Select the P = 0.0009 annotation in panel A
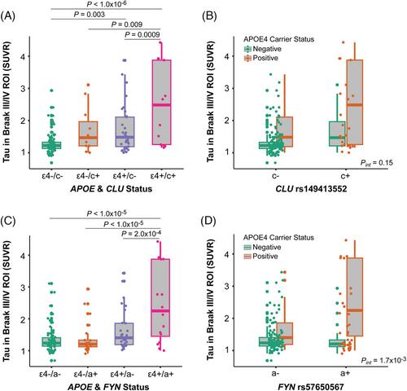[142, 34]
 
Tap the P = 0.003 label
[90, 14]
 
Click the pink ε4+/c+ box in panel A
[161, 102]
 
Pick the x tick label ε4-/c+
[88, 176]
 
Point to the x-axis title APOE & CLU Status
[112, 189]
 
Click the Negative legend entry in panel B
[263, 49]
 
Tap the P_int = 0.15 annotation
[376, 163]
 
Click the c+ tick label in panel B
[345, 176]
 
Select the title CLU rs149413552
[311, 189]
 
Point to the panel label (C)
[7, 222]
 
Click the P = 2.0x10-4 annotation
[141, 233]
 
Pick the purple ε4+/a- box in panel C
[125, 334]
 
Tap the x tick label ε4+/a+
[160, 374]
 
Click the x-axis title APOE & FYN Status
[108, 387]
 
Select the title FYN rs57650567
[311, 387]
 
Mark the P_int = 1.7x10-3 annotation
[383, 360]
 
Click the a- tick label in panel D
[275, 374]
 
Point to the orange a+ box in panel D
[355, 297]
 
